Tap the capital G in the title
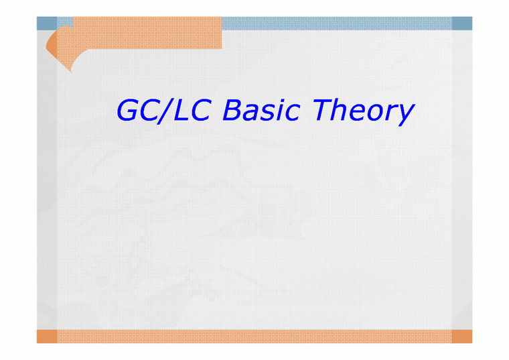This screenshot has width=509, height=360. point(129,111)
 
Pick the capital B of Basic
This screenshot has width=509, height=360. point(232,110)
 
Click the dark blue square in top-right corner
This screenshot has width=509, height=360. point(461,23)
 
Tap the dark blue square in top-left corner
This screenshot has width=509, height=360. point(46,23)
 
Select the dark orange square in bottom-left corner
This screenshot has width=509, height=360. point(46,336)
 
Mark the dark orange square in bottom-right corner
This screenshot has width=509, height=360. point(461,336)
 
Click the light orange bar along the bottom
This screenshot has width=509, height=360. point(254,336)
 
